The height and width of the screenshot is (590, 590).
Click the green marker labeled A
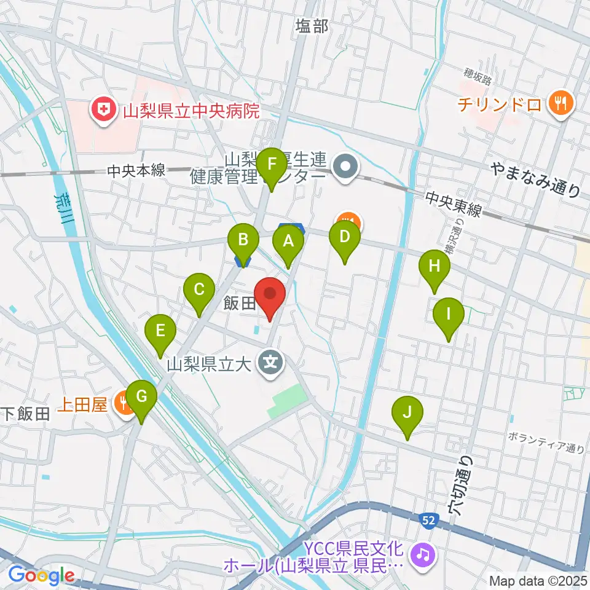[288, 242]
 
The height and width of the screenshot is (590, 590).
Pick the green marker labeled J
[407, 412]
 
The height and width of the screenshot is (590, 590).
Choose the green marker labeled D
[345, 237]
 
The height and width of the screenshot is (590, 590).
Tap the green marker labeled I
[449, 315]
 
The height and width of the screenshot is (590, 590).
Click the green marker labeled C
[199, 290]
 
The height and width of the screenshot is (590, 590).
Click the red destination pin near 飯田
[270, 294]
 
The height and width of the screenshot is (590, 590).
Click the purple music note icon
[423, 554]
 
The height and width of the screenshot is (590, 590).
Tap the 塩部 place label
[312, 26]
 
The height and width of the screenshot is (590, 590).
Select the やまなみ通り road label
[535, 181]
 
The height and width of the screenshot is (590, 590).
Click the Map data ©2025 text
[539, 580]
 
